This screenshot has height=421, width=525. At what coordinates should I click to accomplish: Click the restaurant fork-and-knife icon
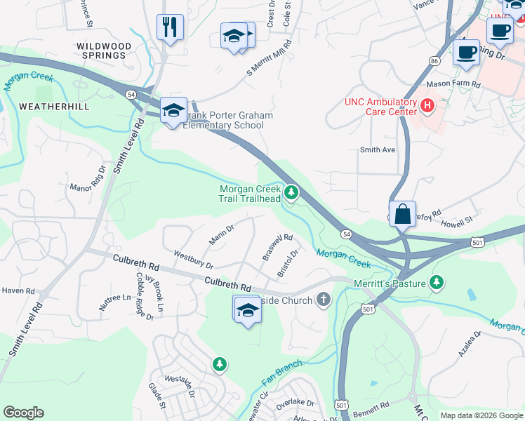coord(170,27)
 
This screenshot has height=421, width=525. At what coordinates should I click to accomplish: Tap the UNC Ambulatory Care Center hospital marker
coord(427,105)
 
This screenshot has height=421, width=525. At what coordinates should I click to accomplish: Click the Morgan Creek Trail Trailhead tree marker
coord(291,192)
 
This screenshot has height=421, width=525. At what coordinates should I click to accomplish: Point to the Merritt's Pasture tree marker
coord(437,281)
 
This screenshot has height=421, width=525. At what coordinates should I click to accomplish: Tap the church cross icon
coord(324,300)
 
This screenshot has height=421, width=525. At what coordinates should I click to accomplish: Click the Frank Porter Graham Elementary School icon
coord(173,110)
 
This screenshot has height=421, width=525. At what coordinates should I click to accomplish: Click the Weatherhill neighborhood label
coord(54,107)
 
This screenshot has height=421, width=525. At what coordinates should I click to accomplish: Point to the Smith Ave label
coord(378,149)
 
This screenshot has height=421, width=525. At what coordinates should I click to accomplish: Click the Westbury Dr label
coord(192,260)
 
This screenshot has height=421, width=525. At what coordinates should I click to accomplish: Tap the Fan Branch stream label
coord(281,372)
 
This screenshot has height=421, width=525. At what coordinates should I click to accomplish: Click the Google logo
coord(23,413)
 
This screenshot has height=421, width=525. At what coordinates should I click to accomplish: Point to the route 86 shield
coord(435,62)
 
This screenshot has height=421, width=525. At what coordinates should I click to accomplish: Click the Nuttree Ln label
coord(115,302)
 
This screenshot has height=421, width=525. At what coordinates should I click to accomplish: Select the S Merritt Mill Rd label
coord(268,60)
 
